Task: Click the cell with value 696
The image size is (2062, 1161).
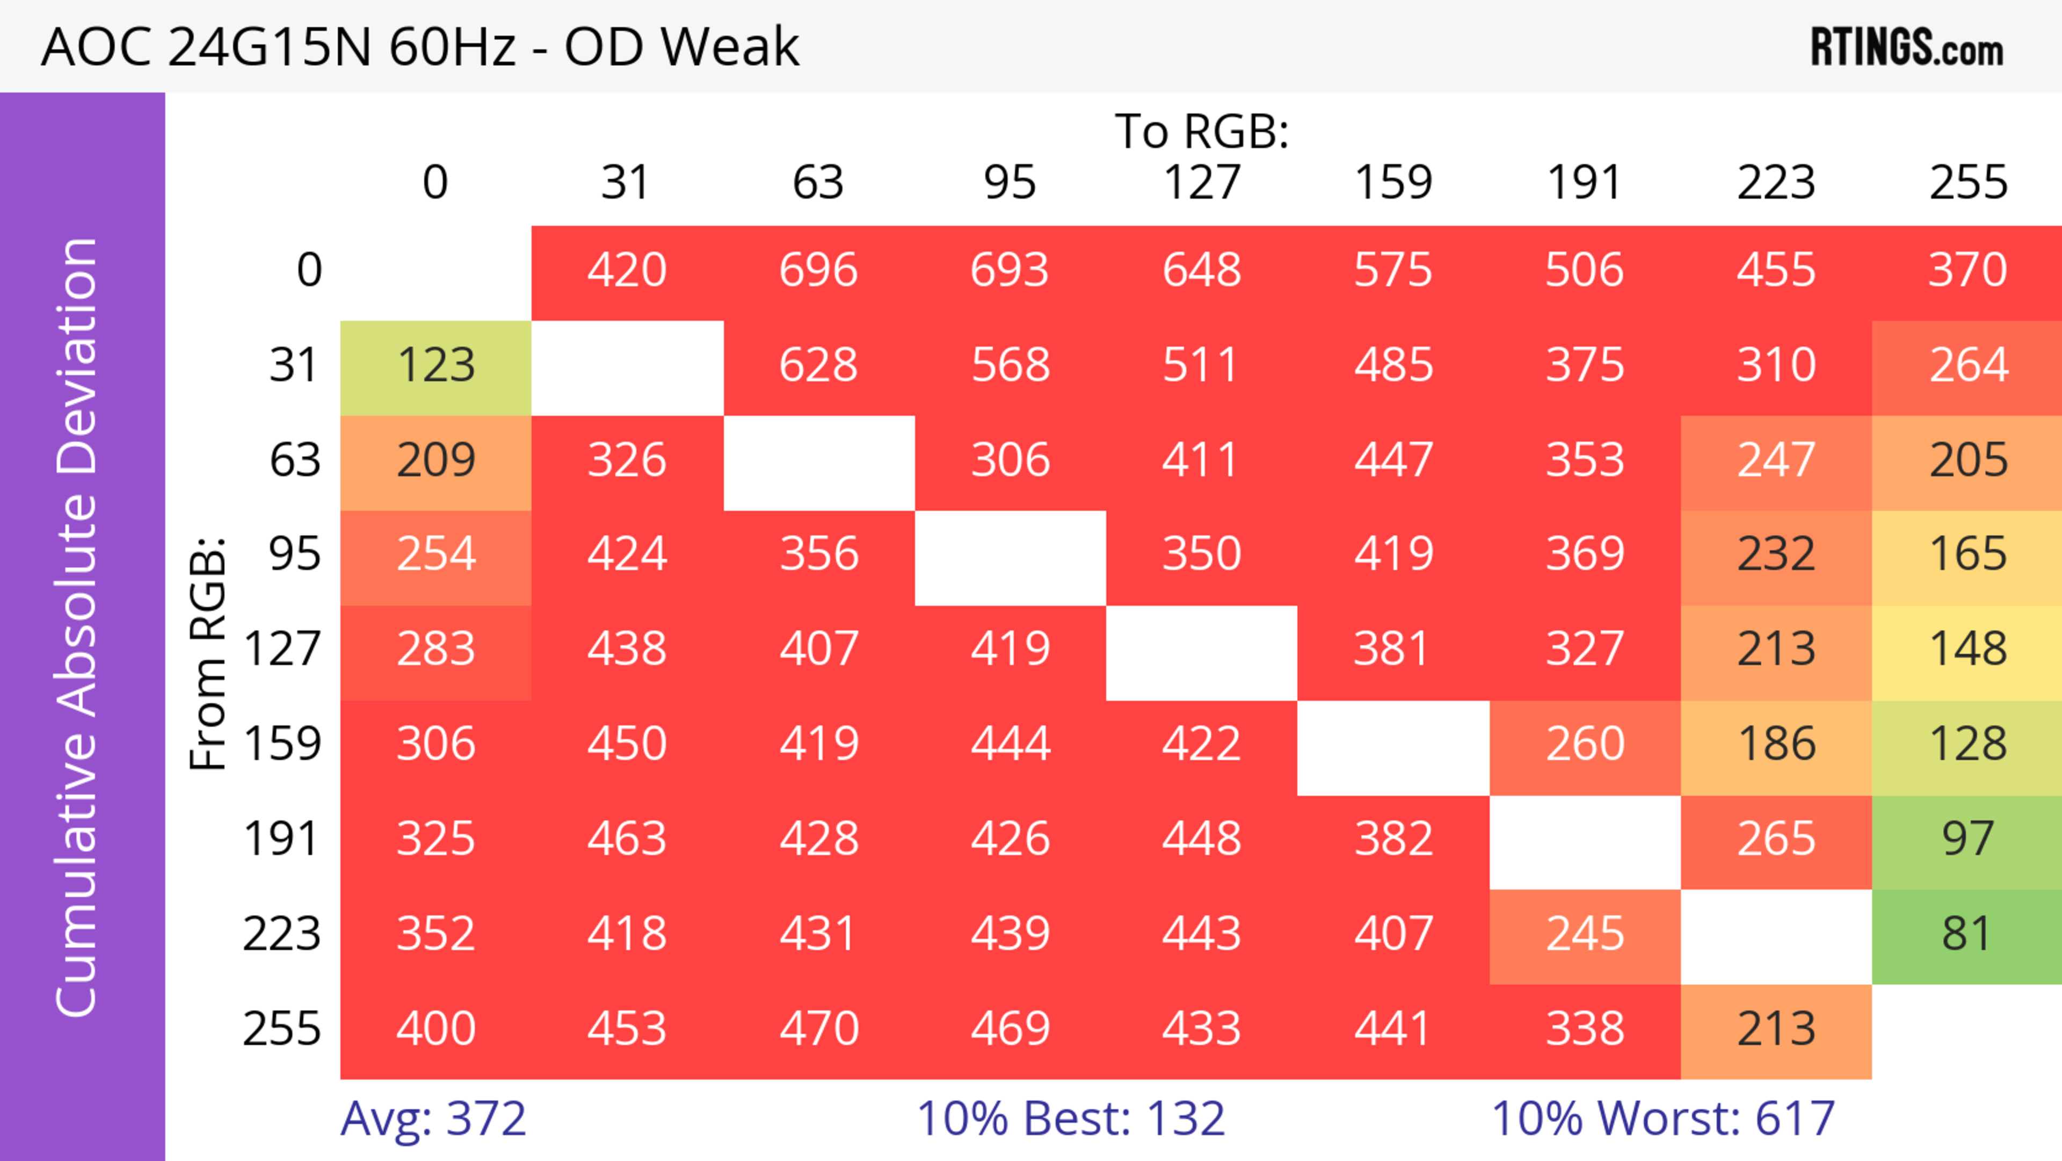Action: coord(818,270)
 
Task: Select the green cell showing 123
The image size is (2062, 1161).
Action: coord(436,365)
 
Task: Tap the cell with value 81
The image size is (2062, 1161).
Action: coord(1967,934)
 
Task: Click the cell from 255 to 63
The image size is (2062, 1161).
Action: coord(818,1029)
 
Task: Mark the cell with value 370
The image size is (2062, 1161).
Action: coord(1967,270)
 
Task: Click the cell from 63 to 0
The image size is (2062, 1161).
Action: coord(436,459)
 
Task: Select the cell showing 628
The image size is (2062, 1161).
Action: coord(818,365)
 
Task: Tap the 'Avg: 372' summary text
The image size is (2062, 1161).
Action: coord(433,1119)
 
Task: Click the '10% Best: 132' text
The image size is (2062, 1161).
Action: coord(1070,1119)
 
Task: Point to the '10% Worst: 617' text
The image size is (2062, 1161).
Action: coord(1662,1119)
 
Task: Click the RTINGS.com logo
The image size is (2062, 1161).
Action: coord(1907,48)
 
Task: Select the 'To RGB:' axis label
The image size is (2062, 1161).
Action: coord(1202,131)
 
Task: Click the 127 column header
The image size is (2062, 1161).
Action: coord(1202,183)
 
